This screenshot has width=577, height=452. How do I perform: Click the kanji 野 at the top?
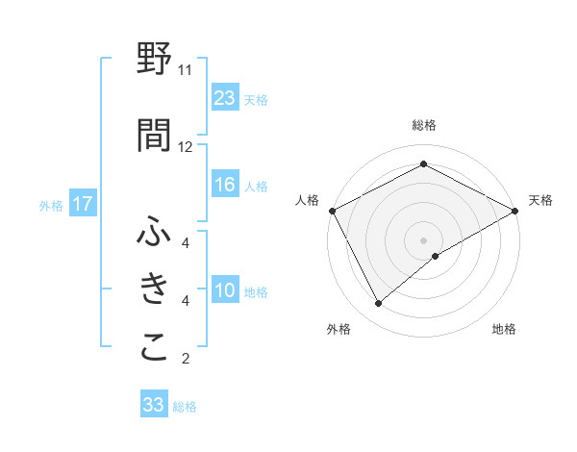(x=155, y=60)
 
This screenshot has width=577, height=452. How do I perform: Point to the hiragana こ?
(x=155, y=347)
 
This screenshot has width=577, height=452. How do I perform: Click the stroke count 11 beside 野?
(x=186, y=70)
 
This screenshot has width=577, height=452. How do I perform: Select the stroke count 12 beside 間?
(x=186, y=146)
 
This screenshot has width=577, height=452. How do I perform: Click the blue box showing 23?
(x=225, y=98)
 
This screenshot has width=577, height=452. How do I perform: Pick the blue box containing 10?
(x=225, y=290)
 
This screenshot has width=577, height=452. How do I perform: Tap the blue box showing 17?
(x=82, y=204)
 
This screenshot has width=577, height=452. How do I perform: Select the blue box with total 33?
(x=154, y=405)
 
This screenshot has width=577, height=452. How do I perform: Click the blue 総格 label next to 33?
(x=185, y=407)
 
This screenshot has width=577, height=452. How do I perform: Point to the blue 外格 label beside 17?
(x=50, y=205)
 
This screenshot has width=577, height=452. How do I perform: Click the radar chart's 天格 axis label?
(x=540, y=200)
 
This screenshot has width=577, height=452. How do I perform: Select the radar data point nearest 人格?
(x=332, y=210)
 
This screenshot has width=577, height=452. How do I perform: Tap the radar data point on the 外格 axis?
(x=379, y=303)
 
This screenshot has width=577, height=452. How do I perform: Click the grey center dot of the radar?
(x=423, y=239)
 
